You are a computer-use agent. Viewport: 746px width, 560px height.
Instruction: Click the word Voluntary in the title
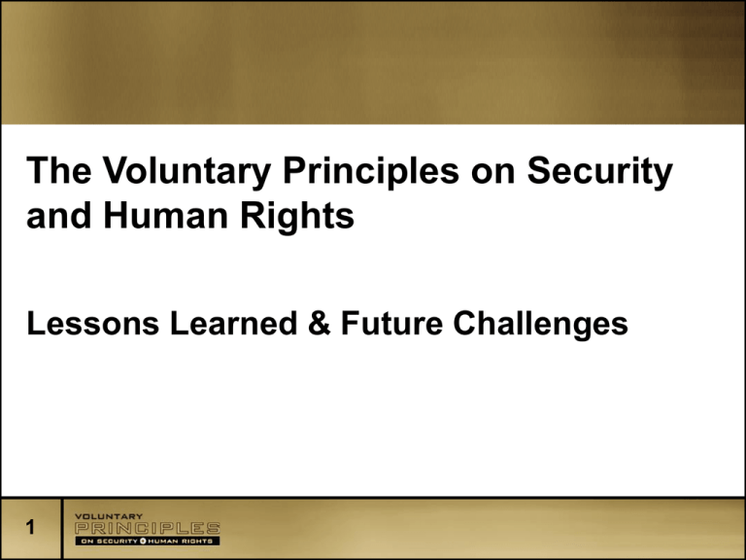point(186,171)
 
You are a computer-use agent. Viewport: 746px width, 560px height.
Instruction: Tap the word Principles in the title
point(371,171)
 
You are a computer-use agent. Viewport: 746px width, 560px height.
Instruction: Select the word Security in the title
point(600,171)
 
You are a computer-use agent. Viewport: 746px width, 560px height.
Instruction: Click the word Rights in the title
point(297,218)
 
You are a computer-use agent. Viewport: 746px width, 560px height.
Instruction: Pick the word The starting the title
point(59,170)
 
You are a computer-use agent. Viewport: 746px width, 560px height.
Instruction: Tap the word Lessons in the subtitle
point(93,324)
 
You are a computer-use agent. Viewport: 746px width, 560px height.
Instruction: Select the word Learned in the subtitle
point(233,324)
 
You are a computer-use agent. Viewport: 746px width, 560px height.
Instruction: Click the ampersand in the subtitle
point(320,324)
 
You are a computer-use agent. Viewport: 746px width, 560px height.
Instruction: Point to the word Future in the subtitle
point(392,324)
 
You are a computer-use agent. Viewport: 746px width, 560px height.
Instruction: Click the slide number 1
point(30,527)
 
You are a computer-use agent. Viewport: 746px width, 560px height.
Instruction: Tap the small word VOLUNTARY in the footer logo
point(109,516)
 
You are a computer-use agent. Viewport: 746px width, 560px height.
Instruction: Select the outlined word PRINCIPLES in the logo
point(148,528)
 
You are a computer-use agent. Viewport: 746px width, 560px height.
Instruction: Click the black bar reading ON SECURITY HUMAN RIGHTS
point(148,541)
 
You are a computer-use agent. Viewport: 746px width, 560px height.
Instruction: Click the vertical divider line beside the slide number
point(62,528)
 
